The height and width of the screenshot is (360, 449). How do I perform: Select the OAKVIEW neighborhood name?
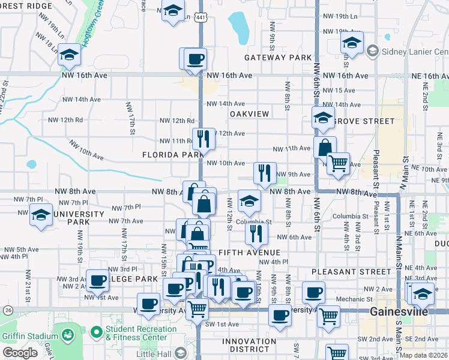pyautogui.click(x=248, y=113)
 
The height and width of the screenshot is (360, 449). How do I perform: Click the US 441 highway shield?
pyautogui.click(x=200, y=17)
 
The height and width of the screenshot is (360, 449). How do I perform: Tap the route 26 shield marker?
pyautogui.click(x=7, y=310)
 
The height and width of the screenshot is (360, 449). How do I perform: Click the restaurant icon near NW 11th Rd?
pyautogui.click(x=203, y=139)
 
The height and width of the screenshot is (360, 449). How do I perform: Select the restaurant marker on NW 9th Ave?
pyautogui.click(x=265, y=173)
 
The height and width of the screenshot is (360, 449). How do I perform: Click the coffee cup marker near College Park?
pyautogui.click(x=97, y=280)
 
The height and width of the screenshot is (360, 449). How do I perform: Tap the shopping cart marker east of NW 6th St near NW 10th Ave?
pyautogui.click(x=338, y=162)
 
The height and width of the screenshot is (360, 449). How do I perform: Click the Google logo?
pyautogui.click(x=20, y=353)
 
